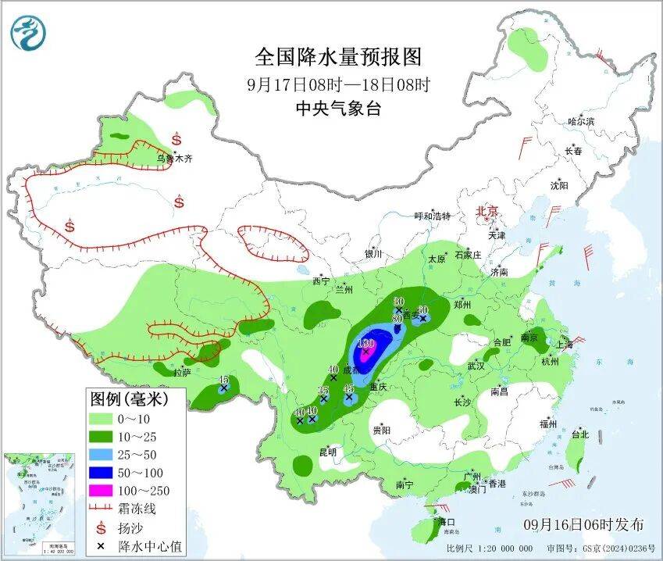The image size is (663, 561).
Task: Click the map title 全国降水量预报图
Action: (x=338, y=57)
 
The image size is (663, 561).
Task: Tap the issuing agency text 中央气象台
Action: (x=338, y=109)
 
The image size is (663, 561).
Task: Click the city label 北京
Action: (x=488, y=211)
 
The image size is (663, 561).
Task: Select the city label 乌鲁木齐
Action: (x=173, y=158)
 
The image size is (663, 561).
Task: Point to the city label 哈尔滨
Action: (x=581, y=122)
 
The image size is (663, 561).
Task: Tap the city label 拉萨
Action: (x=182, y=373)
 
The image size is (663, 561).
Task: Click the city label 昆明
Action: (x=328, y=452)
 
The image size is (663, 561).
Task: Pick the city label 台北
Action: (x=579, y=434)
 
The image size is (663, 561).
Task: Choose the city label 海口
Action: (x=446, y=521)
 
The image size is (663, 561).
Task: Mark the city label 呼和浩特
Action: (x=432, y=216)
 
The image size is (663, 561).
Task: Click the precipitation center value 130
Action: (x=365, y=343)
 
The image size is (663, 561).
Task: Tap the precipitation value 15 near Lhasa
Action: (x=223, y=380)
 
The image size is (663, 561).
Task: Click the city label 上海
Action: (x=564, y=345)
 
